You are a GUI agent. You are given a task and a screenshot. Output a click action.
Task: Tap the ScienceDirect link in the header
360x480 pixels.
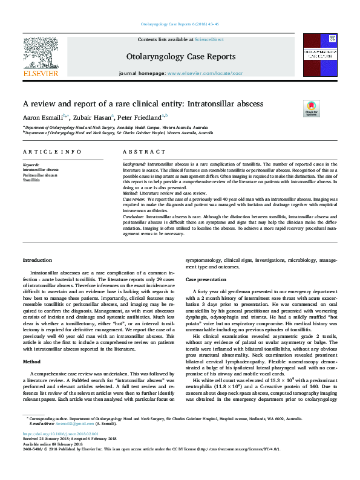coord(209,39)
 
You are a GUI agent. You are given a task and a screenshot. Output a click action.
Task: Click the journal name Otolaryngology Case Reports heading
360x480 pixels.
coord(180,57)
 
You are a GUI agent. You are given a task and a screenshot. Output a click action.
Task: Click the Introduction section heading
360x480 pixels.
coord(38,260)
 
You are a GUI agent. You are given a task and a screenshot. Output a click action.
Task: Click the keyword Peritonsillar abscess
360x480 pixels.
coord(41,175)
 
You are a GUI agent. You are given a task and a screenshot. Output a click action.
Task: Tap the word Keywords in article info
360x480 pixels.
coord(31,164)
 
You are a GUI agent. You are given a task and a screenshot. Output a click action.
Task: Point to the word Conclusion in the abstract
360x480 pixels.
coord(134,215)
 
